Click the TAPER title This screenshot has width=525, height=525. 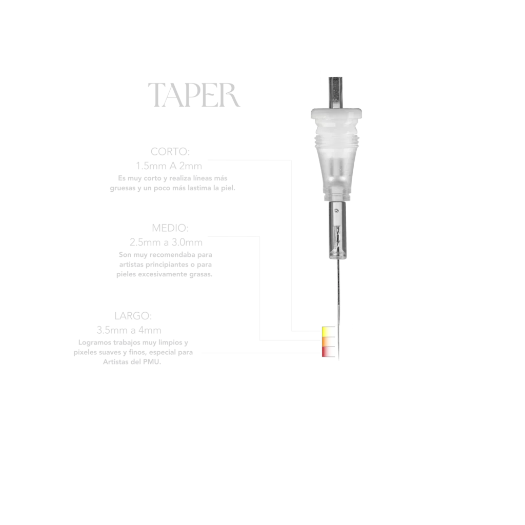coord(194,95)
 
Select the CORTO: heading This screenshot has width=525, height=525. coord(170,152)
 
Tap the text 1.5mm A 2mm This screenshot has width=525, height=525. coord(169,166)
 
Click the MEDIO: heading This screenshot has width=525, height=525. coord(170,228)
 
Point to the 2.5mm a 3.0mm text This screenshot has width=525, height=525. coord(166,242)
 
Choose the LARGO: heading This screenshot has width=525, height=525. coord(133,316)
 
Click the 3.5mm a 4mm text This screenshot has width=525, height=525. coord(129,330)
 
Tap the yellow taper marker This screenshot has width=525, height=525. coord(328,332)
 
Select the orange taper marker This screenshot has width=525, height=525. coord(328,341)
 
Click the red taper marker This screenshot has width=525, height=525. coord(328,352)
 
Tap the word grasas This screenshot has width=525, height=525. coord(201,275)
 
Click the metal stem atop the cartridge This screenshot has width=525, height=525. coord(335,93)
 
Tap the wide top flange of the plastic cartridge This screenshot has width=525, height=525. coord(336,114)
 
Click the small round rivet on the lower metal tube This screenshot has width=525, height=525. coord(336,211)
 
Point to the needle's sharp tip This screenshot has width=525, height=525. coord(339,360)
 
